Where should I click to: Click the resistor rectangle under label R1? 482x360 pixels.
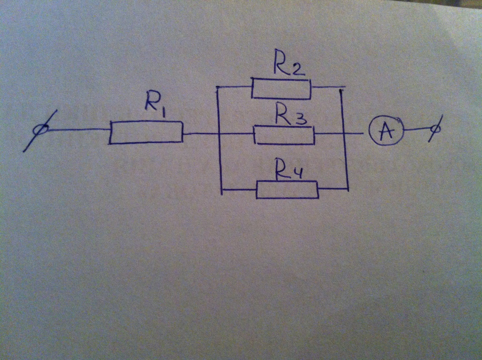[146, 132]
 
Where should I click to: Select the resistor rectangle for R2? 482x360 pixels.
[281, 89]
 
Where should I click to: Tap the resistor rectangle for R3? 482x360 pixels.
[284, 135]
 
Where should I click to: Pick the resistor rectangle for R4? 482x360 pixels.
[288, 190]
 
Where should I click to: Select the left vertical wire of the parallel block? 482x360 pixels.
[219, 161]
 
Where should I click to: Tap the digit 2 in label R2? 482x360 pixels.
[299, 69]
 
